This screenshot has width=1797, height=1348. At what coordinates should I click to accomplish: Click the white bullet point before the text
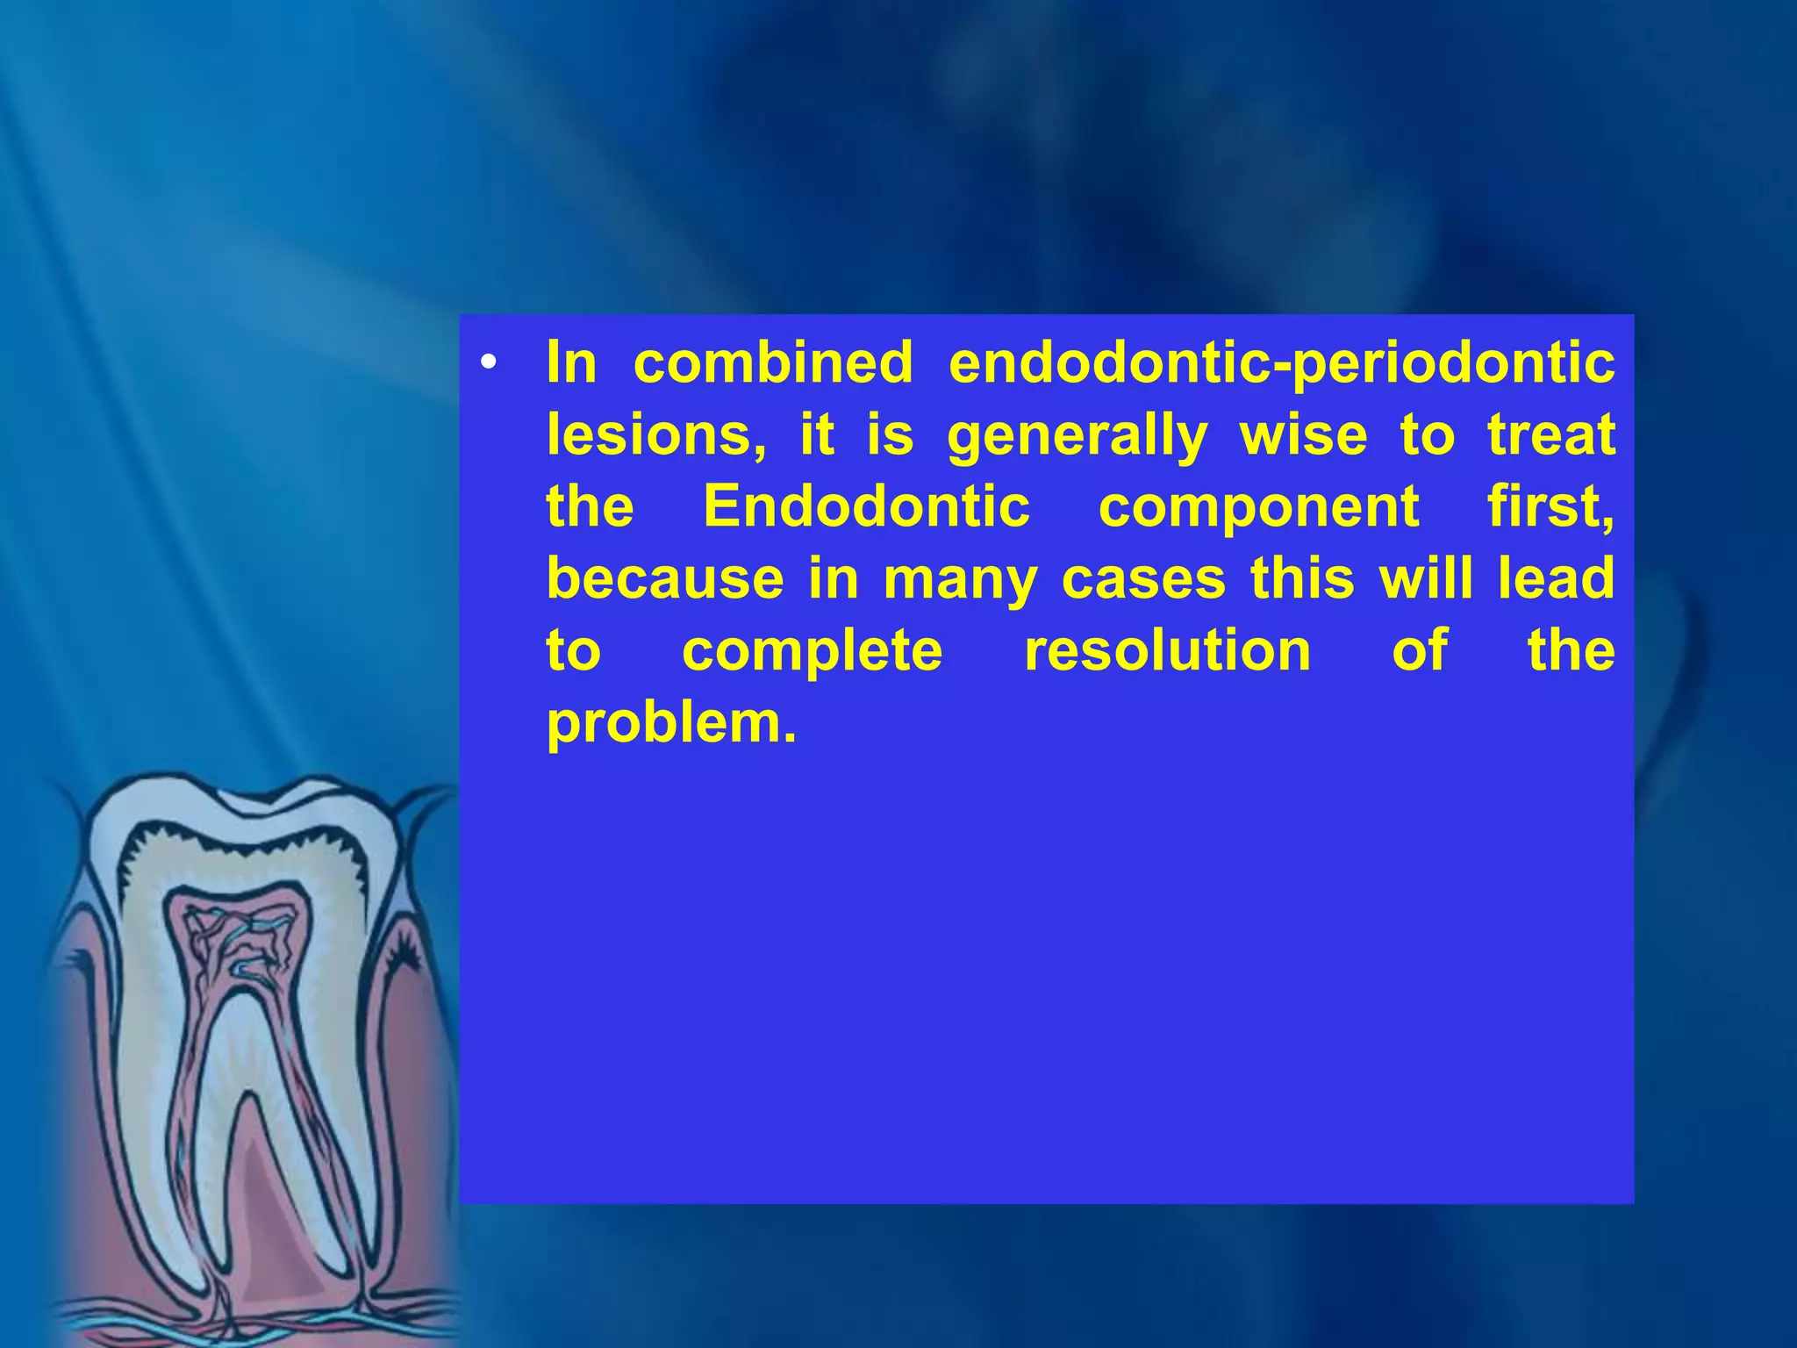(x=489, y=363)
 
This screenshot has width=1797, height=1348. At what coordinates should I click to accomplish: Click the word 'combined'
(x=773, y=362)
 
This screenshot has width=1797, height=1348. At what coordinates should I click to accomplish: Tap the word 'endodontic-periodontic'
(x=1282, y=363)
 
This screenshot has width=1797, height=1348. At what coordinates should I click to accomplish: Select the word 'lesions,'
(x=655, y=435)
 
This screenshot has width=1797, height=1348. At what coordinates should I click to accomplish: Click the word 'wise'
(x=1303, y=434)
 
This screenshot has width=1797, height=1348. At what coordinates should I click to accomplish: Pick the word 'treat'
(x=1551, y=434)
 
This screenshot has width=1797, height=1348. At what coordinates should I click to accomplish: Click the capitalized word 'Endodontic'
(x=866, y=506)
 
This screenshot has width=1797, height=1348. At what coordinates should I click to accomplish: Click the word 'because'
(x=665, y=579)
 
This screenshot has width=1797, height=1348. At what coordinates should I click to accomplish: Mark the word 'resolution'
(x=1168, y=650)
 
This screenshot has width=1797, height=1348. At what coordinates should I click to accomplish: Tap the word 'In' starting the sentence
(x=571, y=362)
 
